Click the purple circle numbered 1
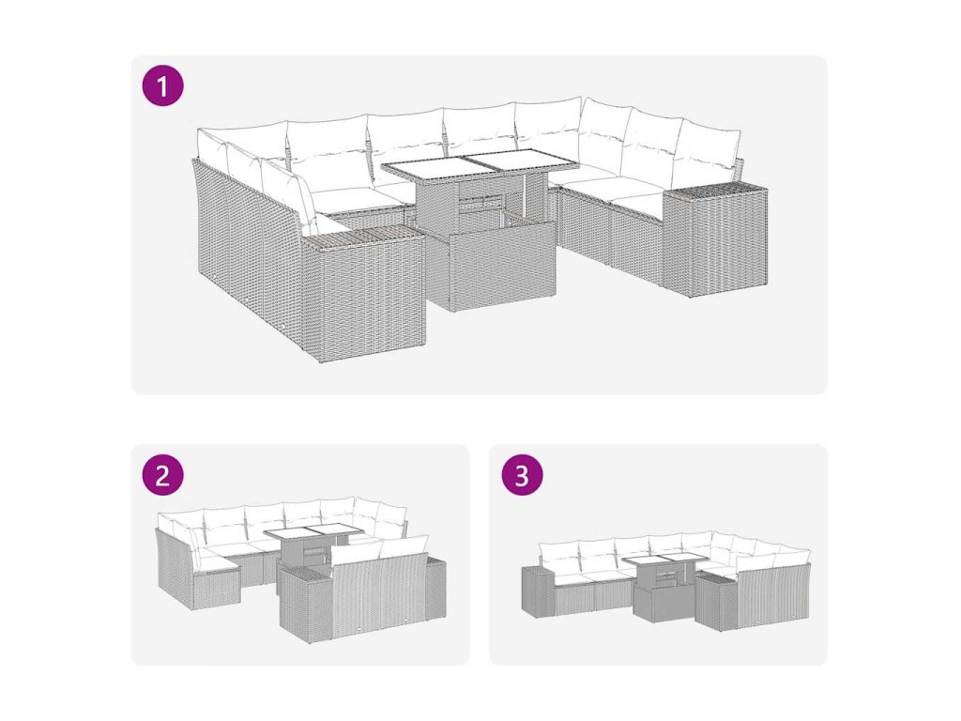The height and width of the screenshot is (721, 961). tap(162, 85)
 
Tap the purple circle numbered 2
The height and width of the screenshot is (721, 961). tap(162, 474)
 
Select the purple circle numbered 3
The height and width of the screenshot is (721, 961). tap(522, 474)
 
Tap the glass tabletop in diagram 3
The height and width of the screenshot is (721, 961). tap(664, 560)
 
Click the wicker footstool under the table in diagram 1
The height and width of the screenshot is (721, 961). tap(502, 268)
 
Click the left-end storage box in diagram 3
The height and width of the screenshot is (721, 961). tap(538, 591)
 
